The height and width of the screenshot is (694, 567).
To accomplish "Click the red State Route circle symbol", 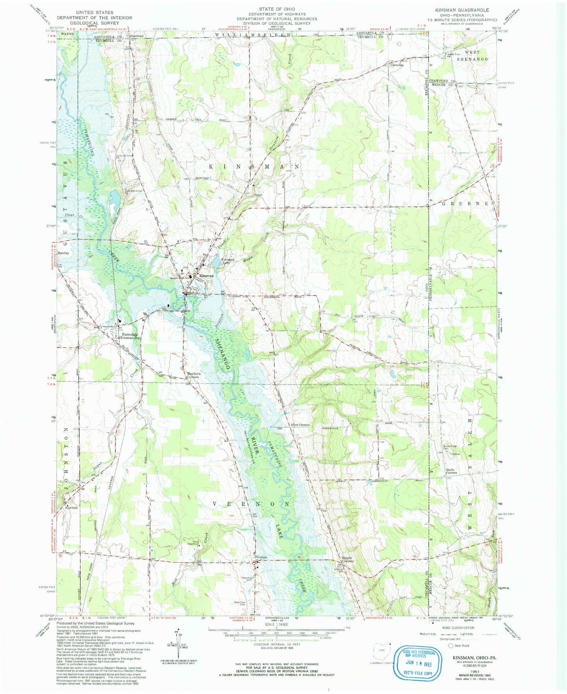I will [451, 645].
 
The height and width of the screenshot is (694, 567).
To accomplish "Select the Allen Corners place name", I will [300, 425].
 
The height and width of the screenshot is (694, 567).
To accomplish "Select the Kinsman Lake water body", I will [216, 260].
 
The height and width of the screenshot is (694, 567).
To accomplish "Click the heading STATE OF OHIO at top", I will [277, 9].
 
